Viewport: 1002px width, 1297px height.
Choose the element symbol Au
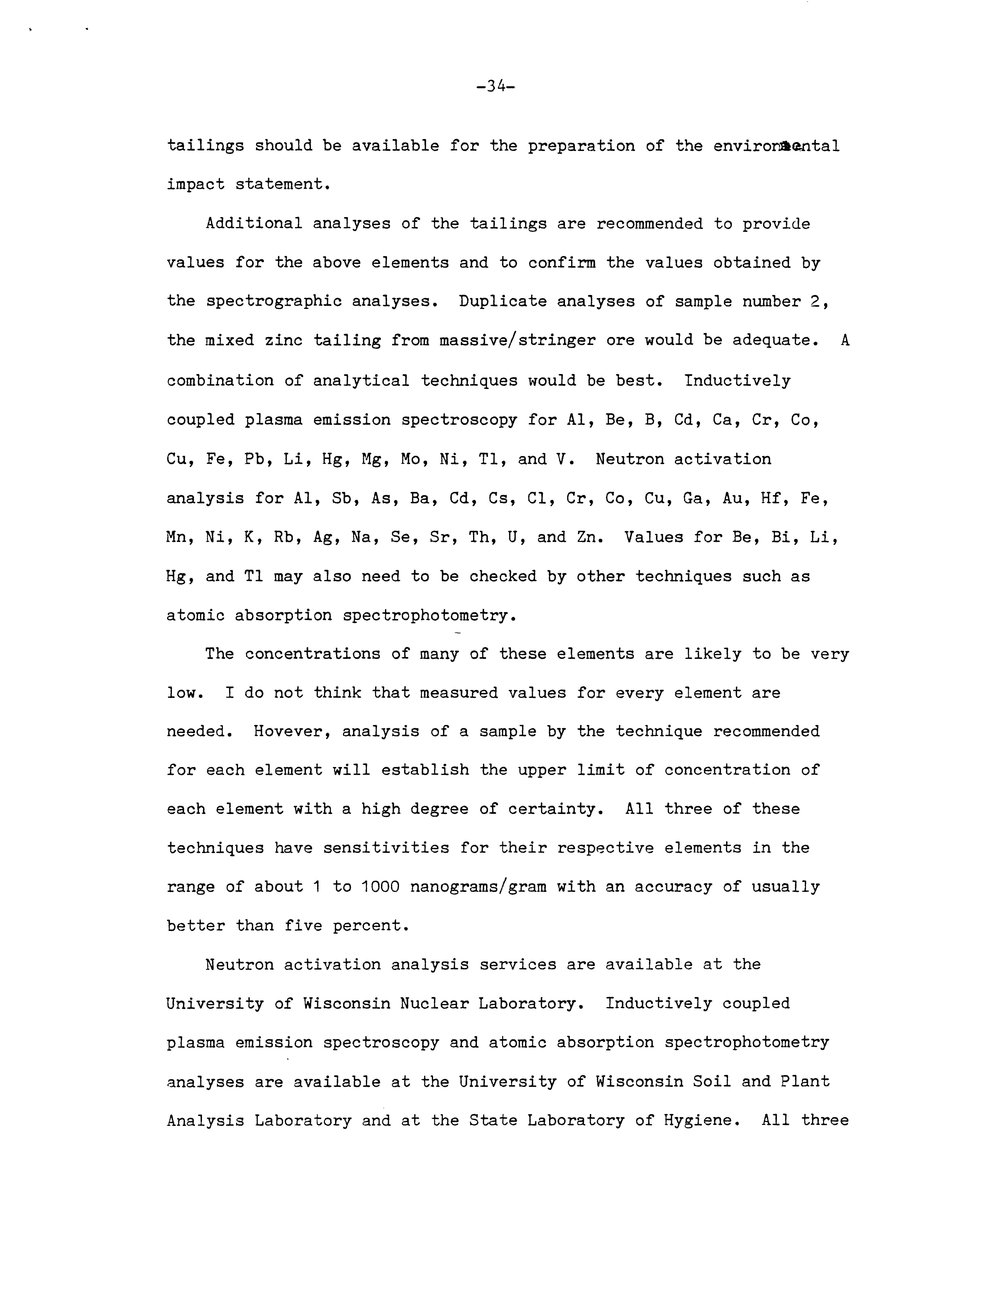pos(731,498)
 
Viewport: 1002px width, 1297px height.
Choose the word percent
pos(371,926)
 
